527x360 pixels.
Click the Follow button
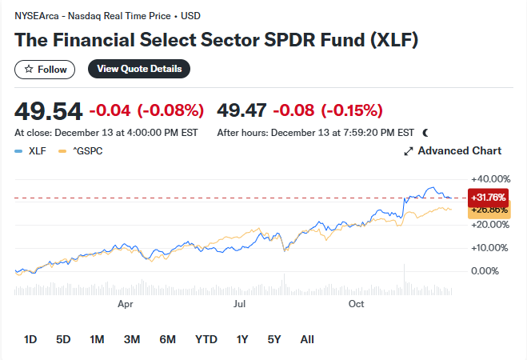tap(45, 70)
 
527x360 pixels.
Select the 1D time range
tap(30, 339)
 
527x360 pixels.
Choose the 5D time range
tap(63, 339)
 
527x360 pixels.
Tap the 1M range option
tap(97, 339)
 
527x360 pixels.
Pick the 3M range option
tap(132, 339)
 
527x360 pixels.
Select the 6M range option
tap(167, 339)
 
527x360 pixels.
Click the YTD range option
tap(206, 339)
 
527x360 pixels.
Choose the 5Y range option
tap(274, 339)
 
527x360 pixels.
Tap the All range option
tap(307, 339)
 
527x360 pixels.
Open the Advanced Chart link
tap(453, 150)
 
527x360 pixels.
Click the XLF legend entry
tap(32, 150)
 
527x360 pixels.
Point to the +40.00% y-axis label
tap(490, 178)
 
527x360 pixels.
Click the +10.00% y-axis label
tap(490, 248)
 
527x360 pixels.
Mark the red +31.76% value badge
tap(489, 198)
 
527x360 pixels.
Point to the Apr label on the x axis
tap(125, 304)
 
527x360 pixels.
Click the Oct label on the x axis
tap(357, 304)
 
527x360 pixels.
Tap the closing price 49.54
tap(48, 110)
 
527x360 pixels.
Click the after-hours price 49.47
tap(242, 110)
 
